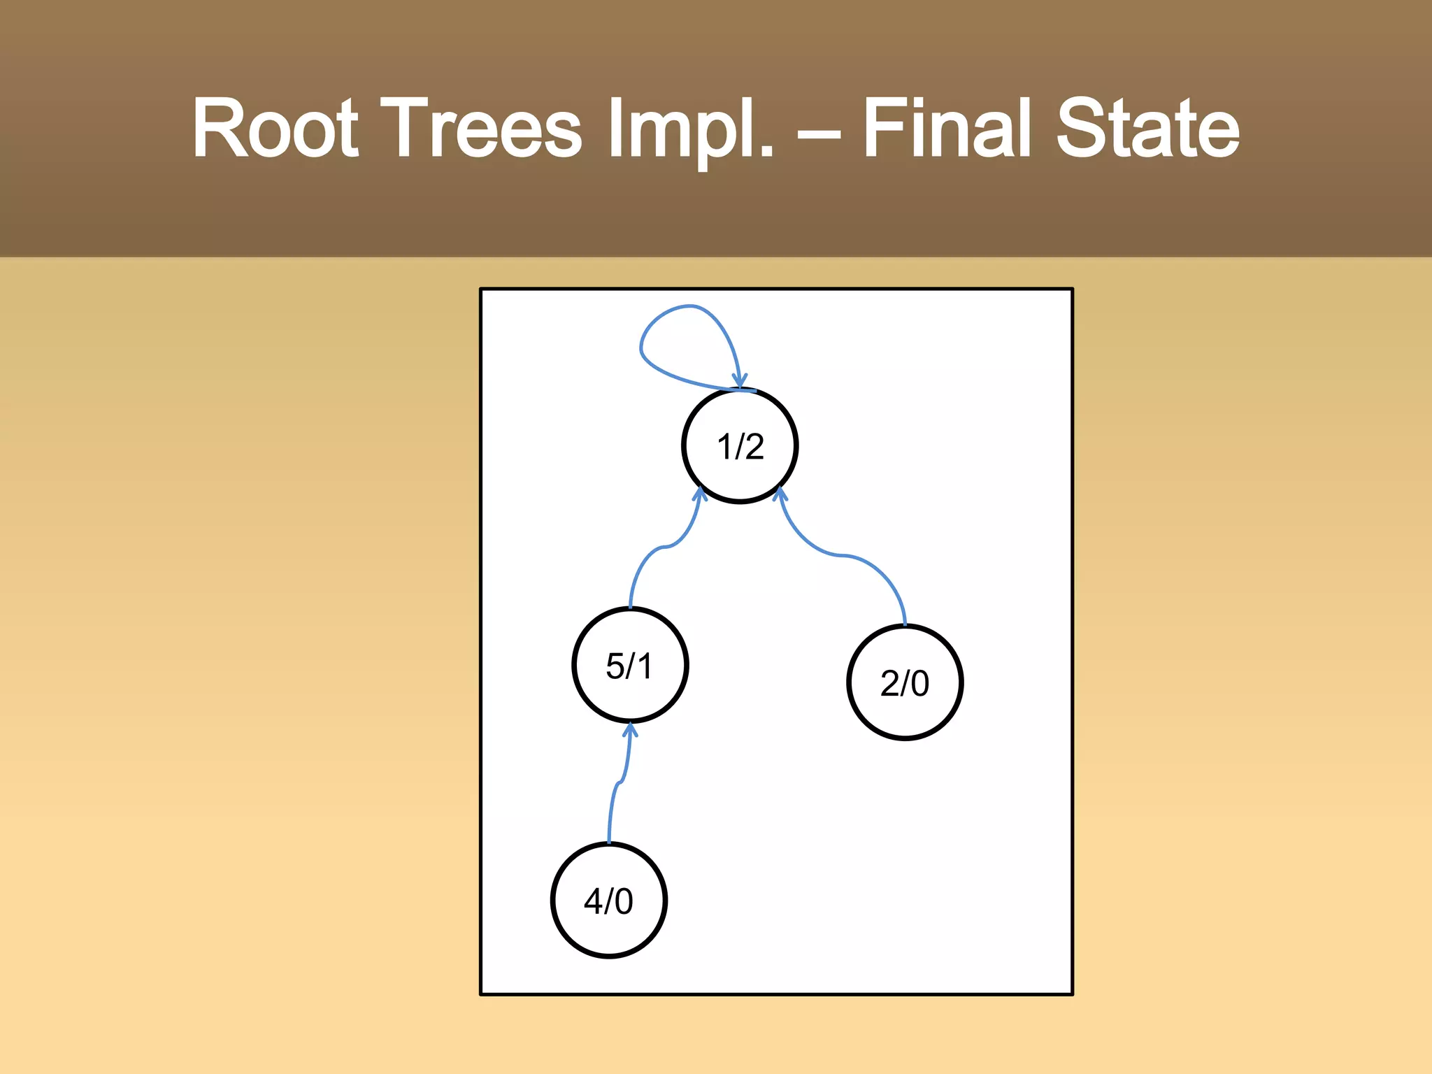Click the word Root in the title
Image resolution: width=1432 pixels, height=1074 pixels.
tap(275, 129)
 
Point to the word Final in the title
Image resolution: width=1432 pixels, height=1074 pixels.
tap(947, 129)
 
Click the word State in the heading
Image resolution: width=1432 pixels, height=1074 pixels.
tap(1147, 129)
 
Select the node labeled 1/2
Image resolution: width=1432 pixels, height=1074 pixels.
tap(740, 445)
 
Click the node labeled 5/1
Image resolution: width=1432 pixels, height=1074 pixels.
tap(630, 665)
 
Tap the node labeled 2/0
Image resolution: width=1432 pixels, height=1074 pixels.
tap(905, 682)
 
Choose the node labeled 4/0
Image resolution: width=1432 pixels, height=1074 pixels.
tap(608, 901)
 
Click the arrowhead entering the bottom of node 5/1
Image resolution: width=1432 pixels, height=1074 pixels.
tap(630, 730)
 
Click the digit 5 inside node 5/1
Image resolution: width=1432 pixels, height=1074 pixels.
tap(615, 666)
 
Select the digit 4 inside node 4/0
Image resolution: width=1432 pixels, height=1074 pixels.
tap(594, 901)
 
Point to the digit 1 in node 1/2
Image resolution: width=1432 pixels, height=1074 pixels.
tap(724, 446)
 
